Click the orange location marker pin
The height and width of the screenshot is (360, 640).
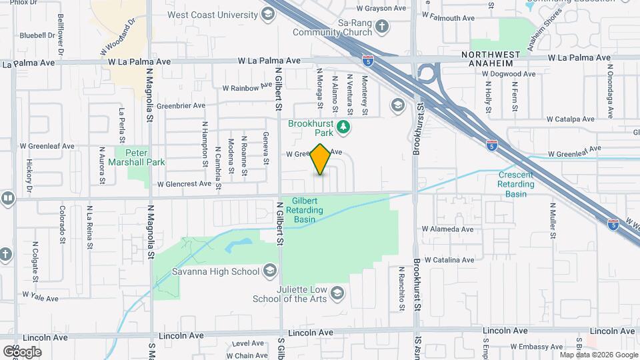click(x=321, y=159)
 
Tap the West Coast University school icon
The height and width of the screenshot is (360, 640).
click(x=268, y=14)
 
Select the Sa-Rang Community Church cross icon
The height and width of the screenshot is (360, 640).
click(x=382, y=27)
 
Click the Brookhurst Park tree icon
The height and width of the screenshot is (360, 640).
click(x=344, y=126)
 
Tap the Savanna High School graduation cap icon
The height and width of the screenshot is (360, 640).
click(x=269, y=271)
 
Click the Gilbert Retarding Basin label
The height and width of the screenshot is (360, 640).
click(x=305, y=209)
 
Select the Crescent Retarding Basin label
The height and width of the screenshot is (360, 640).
click(x=516, y=184)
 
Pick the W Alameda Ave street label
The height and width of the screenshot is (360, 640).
click(x=447, y=229)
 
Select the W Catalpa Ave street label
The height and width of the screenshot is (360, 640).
click(x=570, y=119)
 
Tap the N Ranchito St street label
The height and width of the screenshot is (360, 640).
click(x=401, y=287)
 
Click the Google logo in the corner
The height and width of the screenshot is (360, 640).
click(x=22, y=351)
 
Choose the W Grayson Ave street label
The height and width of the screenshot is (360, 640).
click(x=381, y=9)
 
